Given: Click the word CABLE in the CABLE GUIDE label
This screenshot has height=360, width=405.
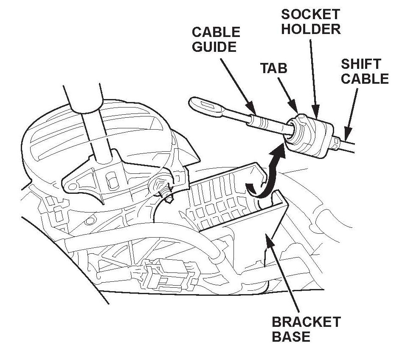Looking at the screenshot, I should (216, 32).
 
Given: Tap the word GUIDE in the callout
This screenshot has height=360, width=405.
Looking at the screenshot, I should (214, 46).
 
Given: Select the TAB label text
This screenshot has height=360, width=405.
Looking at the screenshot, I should (274, 68).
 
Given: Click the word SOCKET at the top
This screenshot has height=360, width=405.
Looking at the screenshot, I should (311, 14).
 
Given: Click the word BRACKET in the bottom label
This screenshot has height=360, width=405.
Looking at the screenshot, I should (306, 322).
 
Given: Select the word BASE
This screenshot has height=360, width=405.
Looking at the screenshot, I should (291, 337).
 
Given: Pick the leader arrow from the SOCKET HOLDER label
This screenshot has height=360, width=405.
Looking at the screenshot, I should (313, 77).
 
